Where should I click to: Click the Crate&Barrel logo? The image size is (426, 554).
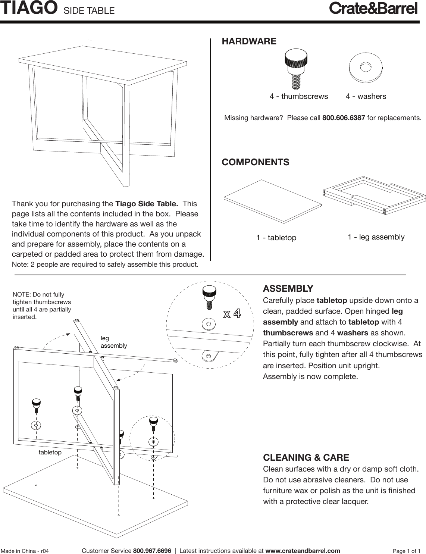373,8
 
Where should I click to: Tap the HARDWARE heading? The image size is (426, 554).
249,41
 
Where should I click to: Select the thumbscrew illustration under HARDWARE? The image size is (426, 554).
296,68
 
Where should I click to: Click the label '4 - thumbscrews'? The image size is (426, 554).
299,96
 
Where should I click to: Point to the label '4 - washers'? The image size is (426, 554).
366,96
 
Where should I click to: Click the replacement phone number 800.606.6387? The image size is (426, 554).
343,118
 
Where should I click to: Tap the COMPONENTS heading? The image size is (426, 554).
255,162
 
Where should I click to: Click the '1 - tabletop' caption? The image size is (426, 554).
276,238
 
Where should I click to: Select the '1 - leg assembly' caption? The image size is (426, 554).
376,237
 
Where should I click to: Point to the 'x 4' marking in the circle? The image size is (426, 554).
232,313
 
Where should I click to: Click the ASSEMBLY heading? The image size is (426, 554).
288,289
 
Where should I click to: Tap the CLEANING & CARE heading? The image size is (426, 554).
306,458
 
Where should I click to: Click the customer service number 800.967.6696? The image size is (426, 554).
152,551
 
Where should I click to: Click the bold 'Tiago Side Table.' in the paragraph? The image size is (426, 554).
147,204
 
